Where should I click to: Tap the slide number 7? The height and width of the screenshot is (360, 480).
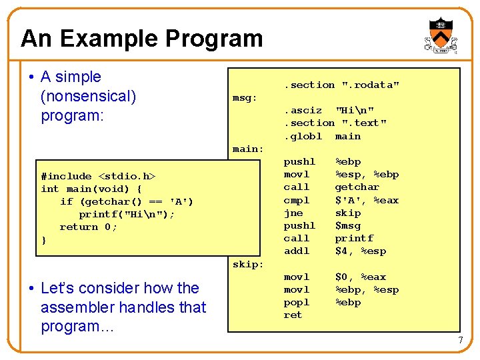[460, 341]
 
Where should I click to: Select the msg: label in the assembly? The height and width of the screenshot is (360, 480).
[245, 98]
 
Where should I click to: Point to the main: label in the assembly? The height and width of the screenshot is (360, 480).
[248, 149]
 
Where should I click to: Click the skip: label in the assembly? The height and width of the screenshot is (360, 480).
[248, 264]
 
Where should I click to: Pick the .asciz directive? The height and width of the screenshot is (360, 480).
[303, 111]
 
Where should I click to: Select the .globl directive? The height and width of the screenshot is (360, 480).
[303, 136]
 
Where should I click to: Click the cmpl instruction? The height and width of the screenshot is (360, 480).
[297, 200]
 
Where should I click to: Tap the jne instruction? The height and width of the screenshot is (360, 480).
[293, 213]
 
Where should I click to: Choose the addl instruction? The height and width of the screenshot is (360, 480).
[297, 251]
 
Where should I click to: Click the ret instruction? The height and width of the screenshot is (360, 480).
[293, 315]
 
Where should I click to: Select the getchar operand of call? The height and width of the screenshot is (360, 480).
[357, 187]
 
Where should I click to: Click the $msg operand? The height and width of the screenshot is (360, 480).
[347, 225]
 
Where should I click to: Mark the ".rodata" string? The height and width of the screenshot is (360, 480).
[371, 85]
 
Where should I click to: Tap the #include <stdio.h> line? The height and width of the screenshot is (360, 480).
[97, 176]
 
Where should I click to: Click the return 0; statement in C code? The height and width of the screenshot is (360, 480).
[88, 227]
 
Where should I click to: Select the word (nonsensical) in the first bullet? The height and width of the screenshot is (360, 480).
[88, 96]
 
